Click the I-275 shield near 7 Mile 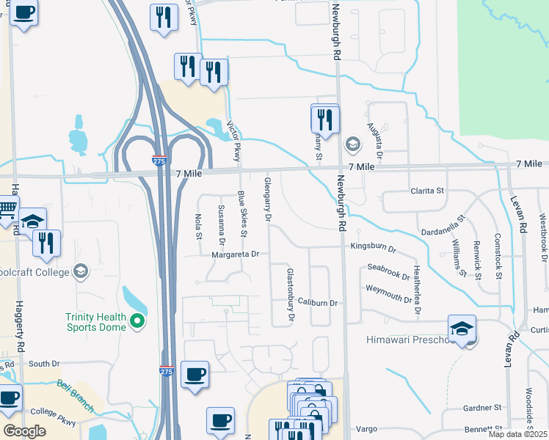tap(159, 159)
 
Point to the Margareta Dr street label tap(236, 254)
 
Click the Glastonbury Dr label tap(289, 294)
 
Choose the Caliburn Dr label tap(317, 302)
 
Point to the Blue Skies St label tap(241, 213)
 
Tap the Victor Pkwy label tap(233, 141)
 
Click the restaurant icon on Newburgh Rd tap(324, 119)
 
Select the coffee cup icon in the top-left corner tap(23, 13)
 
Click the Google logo tap(24, 430)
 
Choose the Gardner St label tap(481, 407)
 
